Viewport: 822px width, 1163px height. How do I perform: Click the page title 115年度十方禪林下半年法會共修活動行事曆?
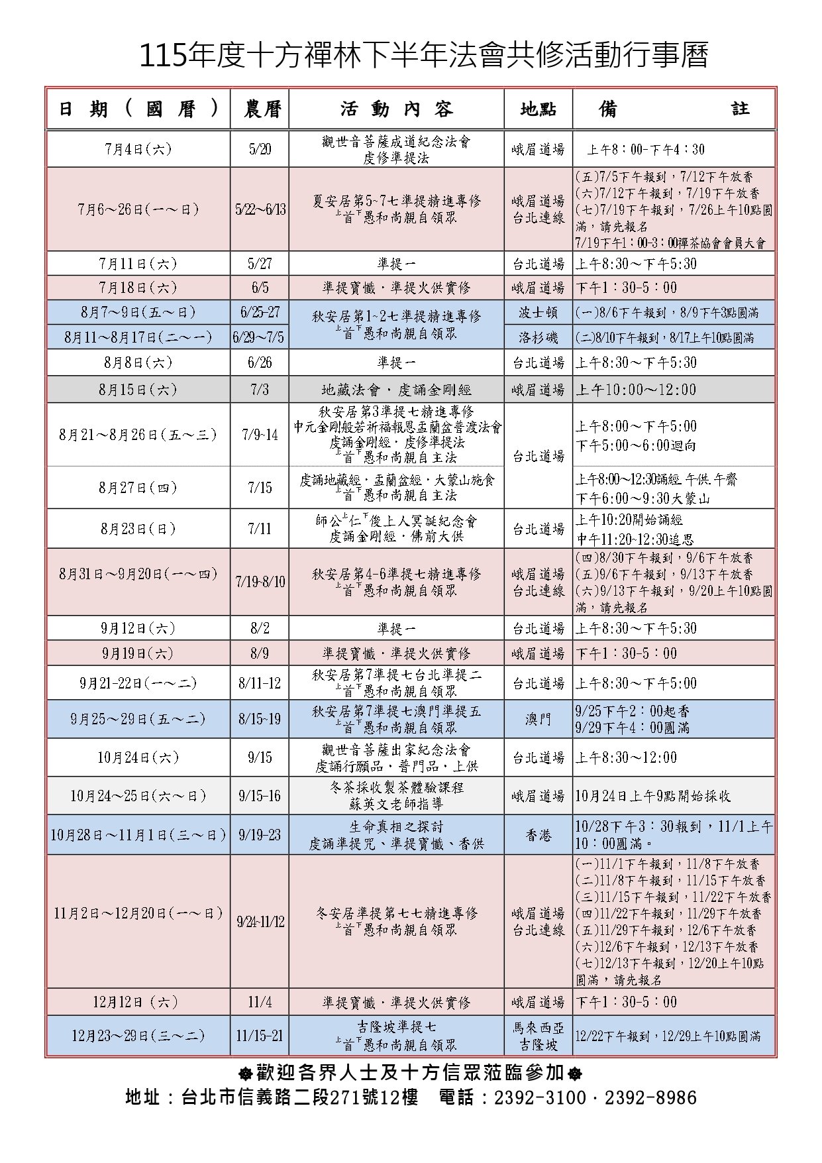coord(424,56)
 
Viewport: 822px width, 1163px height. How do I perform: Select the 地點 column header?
coord(538,109)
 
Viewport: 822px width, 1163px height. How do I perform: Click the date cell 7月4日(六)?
coord(138,149)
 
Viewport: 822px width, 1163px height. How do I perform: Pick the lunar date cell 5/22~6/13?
coord(260,209)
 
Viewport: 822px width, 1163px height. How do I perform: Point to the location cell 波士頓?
coord(538,312)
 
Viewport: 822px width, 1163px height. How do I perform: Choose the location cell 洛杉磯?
coord(538,337)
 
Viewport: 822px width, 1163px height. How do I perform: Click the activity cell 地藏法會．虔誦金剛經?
coord(396,390)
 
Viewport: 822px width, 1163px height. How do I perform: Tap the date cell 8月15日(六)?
coord(138,390)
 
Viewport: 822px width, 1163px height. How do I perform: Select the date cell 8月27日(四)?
coord(138,488)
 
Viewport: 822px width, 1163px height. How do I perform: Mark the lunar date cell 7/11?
coord(260,529)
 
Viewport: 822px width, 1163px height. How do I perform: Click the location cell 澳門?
coord(538,719)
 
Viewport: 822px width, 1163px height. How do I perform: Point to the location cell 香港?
coord(538,835)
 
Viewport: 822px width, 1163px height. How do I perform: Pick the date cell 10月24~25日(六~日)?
coord(138,796)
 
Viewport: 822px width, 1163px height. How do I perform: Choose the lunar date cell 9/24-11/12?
coord(260,922)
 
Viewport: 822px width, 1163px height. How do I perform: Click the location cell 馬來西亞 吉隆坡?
coord(538,1036)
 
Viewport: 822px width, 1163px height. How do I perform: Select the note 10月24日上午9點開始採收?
coord(653,796)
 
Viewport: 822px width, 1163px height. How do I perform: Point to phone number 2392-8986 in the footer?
coord(650,1097)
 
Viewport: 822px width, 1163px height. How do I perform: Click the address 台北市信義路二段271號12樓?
coord(299,1097)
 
